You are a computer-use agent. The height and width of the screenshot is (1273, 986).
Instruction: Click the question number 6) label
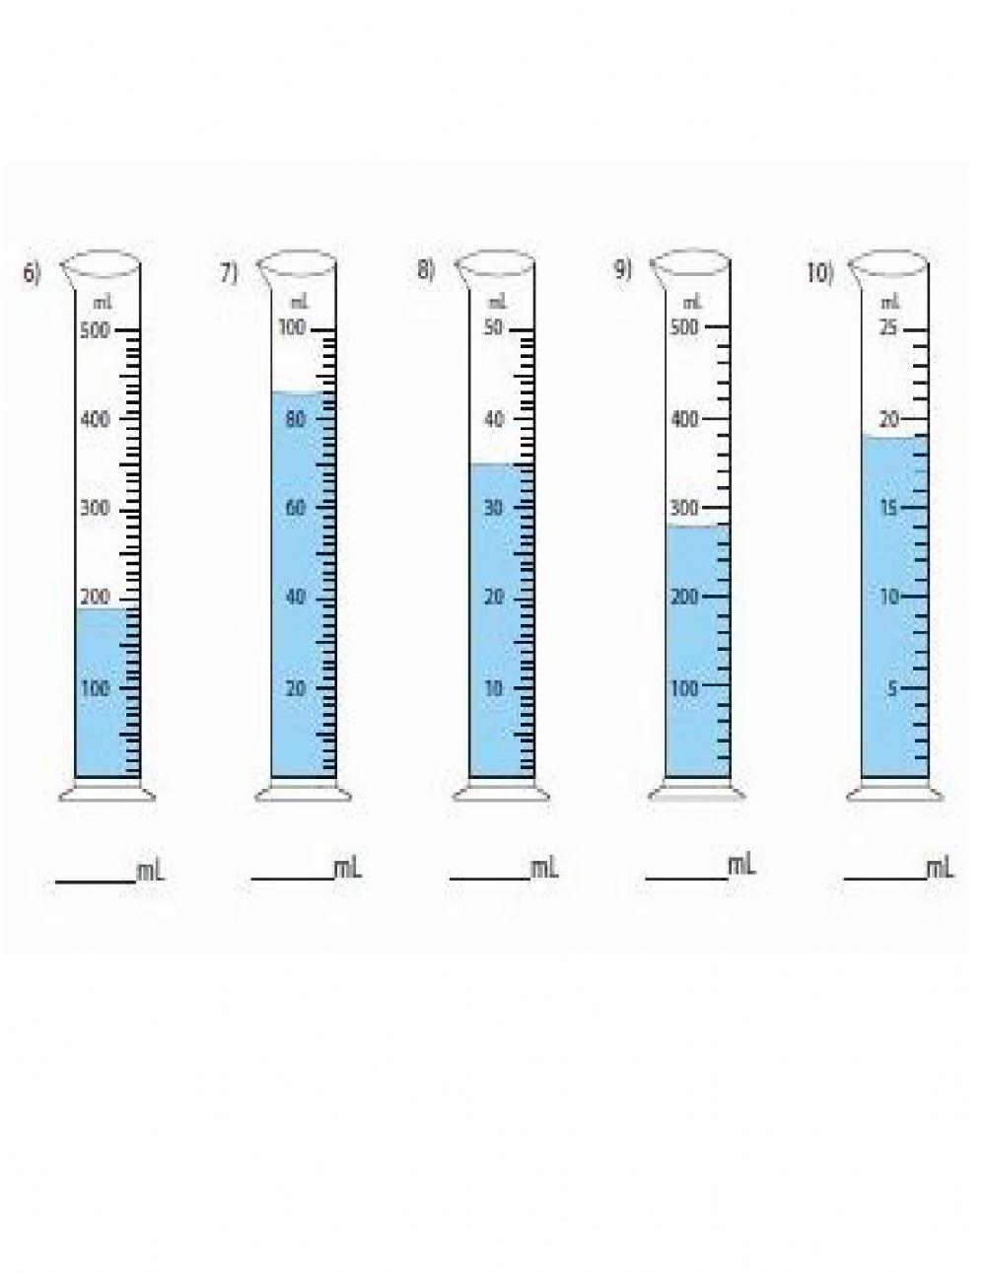[33, 273]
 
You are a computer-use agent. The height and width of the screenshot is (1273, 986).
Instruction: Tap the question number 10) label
[820, 273]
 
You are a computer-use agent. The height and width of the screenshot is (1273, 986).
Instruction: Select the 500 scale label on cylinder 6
[95, 330]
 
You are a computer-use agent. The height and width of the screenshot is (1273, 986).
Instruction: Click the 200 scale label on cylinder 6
[95, 597]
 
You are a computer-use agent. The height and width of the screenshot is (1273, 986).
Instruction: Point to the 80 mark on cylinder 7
[296, 419]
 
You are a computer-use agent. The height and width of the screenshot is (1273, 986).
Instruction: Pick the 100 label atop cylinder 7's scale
[292, 327]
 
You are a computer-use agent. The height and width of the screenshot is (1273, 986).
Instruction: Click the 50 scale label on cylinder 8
[493, 327]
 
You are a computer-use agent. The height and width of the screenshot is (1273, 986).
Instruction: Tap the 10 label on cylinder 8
[493, 687]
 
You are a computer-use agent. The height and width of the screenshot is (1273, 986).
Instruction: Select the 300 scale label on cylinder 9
[684, 507]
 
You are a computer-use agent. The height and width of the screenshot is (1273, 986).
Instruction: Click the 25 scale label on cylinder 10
[888, 327]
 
